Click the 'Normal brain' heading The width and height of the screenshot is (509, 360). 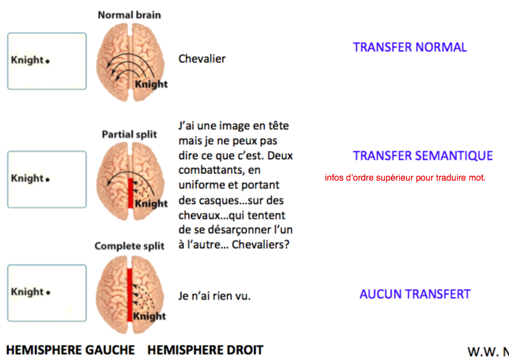point(129,14)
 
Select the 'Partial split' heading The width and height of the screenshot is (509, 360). point(129,135)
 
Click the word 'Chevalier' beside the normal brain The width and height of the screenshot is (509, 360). point(202,58)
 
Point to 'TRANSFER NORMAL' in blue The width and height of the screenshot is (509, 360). point(410,47)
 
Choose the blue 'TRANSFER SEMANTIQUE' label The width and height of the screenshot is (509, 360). point(423,156)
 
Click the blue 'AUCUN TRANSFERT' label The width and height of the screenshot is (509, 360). point(415,294)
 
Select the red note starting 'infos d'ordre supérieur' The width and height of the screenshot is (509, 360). point(405,177)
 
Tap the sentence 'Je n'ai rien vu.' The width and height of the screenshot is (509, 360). point(215,296)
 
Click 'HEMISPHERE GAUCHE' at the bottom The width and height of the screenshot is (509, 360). point(70,350)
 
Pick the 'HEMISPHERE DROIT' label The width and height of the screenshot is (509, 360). point(205,350)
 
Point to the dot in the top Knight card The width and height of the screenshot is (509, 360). point(48,62)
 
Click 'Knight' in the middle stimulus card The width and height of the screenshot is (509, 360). point(27,179)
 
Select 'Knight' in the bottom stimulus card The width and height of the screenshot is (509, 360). point(27,292)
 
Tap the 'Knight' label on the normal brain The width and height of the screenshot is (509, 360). point(151,84)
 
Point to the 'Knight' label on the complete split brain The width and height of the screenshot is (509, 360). point(150,316)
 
